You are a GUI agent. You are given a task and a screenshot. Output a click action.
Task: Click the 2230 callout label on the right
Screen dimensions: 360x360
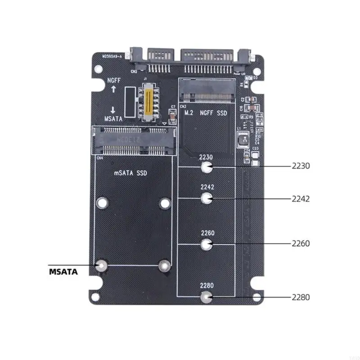[x=301, y=166]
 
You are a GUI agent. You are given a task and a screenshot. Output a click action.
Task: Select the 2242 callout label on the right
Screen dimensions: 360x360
[x=301, y=198]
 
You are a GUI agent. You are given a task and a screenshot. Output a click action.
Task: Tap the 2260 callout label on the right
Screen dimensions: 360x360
[x=301, y=243]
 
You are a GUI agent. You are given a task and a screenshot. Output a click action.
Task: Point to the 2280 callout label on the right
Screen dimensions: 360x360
[x=301, y=297]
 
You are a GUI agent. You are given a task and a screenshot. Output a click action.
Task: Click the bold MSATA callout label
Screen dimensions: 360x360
[x=63, y=272]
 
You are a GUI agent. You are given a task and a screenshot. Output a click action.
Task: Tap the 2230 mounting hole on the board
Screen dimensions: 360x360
[x=207, y=167]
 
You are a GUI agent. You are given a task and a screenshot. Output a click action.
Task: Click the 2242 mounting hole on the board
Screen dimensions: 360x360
[x=207, y=198]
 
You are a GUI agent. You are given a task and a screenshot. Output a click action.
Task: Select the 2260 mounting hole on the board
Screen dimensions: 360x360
[x=207, y=244]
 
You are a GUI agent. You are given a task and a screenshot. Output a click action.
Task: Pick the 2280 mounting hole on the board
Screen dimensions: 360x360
[x=207, y=297]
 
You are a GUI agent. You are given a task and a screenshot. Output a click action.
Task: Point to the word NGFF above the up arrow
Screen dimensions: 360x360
[x=113, y=80]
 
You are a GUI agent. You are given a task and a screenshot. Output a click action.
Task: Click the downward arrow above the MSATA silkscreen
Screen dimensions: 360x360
[x=113, y=110]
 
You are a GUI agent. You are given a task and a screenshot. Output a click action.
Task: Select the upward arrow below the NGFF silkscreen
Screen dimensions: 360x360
[x=113, y=90]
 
